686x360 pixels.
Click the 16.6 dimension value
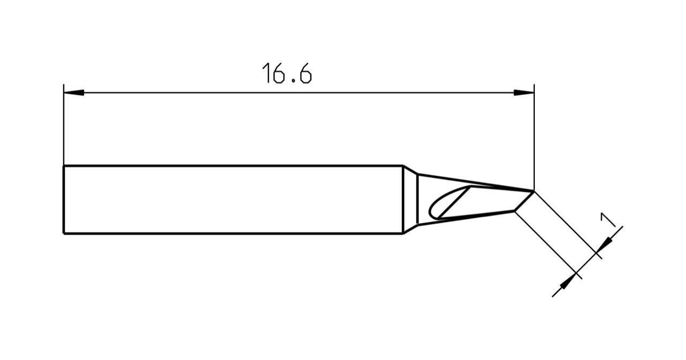tap(286, 73)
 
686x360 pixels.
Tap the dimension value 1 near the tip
tap(607, 220)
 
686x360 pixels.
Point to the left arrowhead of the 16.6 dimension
tap(73, 93)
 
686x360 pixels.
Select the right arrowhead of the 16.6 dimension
tap(524, 93)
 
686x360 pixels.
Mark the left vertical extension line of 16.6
tap(63, 129)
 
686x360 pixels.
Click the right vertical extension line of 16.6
tap(534, 139)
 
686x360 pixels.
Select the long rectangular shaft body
tap(233, 199)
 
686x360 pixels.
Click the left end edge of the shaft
tap(63, 199)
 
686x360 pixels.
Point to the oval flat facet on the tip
tap(449, 204)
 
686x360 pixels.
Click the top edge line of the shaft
tap(233, 166)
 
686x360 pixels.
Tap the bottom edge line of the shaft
tap(233, 233)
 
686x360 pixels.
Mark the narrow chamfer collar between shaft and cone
tap(410, 199)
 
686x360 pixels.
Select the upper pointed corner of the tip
tap(533, 191)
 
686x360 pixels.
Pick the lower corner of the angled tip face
tap(514, 211)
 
